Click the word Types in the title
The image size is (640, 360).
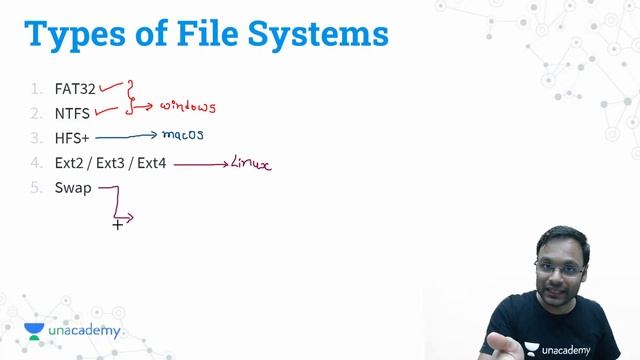click(x=84, y=34)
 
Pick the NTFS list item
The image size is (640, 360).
click(x=72, y=113)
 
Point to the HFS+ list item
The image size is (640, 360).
click(x=73, y=138)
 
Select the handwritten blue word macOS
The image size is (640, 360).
click(x=183, y=133)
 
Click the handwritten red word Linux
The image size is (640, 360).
click(x=250, y=162)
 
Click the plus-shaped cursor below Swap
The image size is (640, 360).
click(x=118, y=225)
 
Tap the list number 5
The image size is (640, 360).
click(x=35, y=187)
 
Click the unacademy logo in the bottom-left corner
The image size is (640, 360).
click(x=72, y=331)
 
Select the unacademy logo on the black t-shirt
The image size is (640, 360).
click(x=567, y=350)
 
